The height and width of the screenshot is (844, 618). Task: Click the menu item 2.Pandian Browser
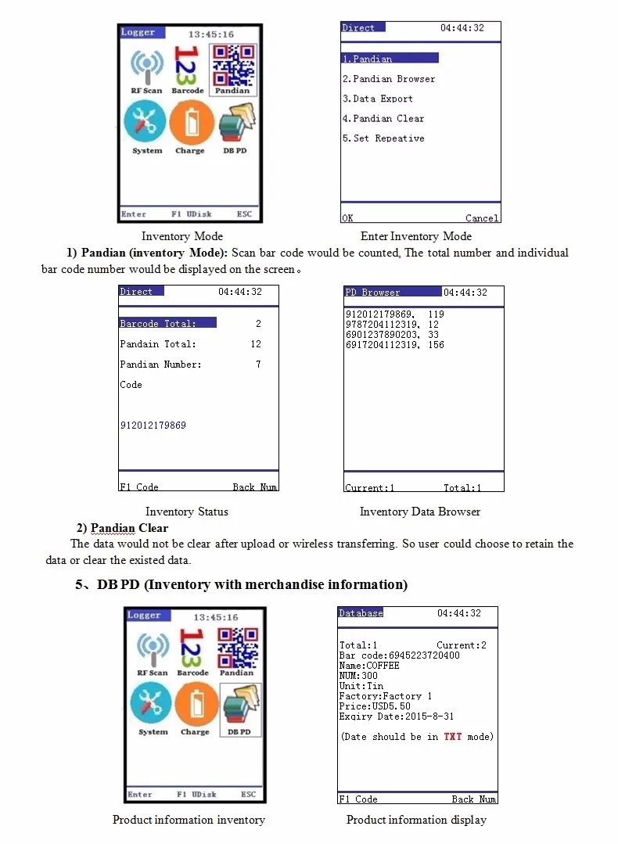389,79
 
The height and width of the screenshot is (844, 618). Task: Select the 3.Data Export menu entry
378,99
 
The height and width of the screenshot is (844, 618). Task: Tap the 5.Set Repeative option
383,138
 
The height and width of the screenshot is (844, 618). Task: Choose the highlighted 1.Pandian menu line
368,59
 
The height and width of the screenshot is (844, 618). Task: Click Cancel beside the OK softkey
481,218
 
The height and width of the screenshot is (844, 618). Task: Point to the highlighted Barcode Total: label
158,324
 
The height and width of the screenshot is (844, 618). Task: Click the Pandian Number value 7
258,365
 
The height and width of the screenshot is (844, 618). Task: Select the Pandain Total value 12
256,344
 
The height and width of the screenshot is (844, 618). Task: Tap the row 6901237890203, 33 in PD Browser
392,334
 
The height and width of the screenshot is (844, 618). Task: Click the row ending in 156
394,344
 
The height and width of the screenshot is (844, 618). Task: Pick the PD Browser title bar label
373,293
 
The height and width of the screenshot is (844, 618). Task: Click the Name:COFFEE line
369,666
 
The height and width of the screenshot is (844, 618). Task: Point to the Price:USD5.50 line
375,706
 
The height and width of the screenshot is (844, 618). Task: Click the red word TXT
453,737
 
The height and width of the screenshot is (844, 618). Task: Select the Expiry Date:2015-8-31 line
396,717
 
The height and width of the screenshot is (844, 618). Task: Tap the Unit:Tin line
361,686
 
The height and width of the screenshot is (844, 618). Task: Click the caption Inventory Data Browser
419,512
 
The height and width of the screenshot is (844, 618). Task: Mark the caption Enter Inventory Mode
415,236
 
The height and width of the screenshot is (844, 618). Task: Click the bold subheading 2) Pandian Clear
122,528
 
